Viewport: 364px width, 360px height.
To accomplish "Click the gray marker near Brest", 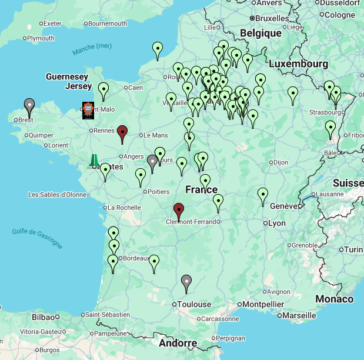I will (x=29, y=106).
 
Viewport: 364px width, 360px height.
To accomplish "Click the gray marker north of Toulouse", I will (x=186, y=282).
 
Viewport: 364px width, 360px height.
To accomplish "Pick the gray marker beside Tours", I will (x=153, y=162).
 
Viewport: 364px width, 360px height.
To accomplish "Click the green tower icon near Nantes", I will (x=94, y=160).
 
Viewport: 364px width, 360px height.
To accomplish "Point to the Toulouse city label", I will (x=194, y=304).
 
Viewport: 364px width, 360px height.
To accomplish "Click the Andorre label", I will (x=178, y=343).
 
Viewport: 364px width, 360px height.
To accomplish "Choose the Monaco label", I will (x=334, y=299).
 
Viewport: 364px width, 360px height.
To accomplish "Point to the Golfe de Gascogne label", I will (x=37, y=236).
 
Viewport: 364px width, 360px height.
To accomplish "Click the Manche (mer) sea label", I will (x=92, y=49).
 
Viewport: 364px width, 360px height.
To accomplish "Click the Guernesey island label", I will (x=66, y=77).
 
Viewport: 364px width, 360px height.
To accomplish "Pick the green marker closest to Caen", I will (x=103, y=90).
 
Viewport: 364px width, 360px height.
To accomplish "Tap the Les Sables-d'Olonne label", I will (x=57, y=195).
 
